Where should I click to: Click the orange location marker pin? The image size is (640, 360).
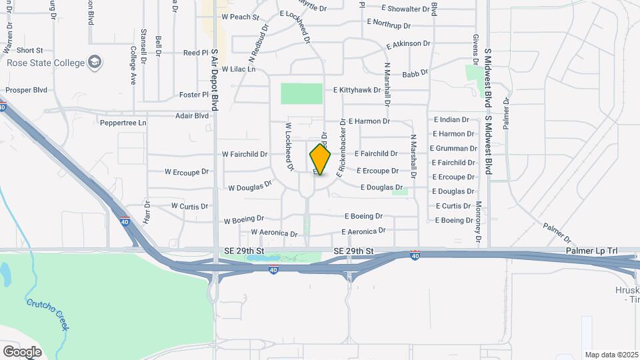point(321,159)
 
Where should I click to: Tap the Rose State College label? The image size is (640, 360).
point(46,63)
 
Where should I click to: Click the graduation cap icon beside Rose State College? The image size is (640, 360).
point(95,63)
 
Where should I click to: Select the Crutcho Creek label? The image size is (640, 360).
point(48,314)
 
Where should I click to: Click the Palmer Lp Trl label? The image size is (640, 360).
point(591,251)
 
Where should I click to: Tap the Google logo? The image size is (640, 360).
point(22,351)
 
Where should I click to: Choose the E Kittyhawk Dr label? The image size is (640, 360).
point(357,89)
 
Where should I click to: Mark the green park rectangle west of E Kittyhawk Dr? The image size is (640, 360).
point(301,93)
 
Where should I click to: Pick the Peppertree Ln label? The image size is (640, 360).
point(123,123)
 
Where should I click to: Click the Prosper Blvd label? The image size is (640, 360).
point(26,89)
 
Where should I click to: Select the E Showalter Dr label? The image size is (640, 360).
point(405,9)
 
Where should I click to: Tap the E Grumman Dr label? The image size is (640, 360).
point(453,149)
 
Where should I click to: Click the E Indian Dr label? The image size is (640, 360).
point(451,120)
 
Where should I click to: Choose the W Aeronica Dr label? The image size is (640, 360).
point(274,233)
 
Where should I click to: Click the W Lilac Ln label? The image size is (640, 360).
point(239,69)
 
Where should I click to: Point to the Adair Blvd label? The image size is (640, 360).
point(192,115)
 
